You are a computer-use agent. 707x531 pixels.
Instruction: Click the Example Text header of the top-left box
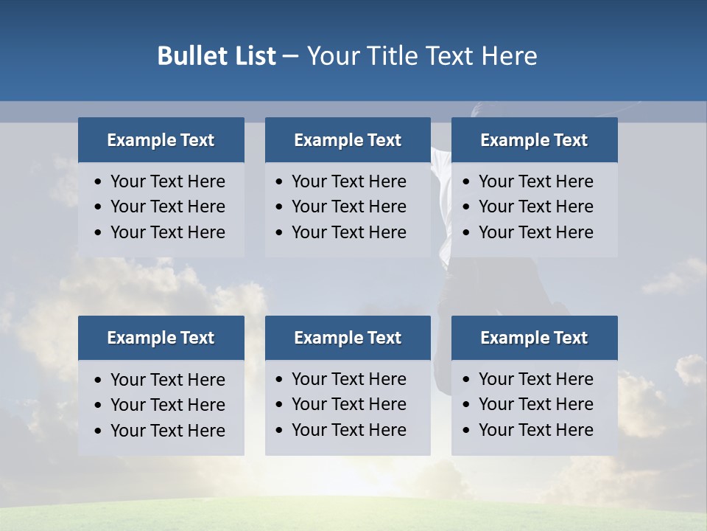point(161,140)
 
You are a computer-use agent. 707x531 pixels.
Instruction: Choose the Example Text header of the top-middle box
point(348,140)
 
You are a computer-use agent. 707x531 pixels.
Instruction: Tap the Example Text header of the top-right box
point(534,140)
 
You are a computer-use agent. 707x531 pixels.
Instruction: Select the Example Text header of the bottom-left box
point(161,338)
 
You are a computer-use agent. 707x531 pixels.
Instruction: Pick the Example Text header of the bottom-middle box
point(348,338)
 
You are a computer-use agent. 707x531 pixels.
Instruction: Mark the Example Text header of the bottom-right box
point(534,338)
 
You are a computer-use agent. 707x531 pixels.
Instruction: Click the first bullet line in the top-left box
point(167,181)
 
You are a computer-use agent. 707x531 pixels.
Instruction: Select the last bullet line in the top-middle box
point(348,232)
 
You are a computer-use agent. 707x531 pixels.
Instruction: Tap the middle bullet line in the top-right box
point(535,206)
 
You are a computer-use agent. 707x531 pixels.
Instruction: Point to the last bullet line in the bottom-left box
point(167,431)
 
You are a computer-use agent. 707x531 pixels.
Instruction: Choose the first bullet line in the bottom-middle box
point(348,379)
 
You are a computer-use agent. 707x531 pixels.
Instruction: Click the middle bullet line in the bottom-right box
point(535,404)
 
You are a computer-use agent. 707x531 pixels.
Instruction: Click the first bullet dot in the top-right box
point(466,182)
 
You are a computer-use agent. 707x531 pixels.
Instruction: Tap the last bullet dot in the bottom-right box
point(466,431)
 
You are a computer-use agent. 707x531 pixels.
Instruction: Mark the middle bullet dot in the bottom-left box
point(98,406)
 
